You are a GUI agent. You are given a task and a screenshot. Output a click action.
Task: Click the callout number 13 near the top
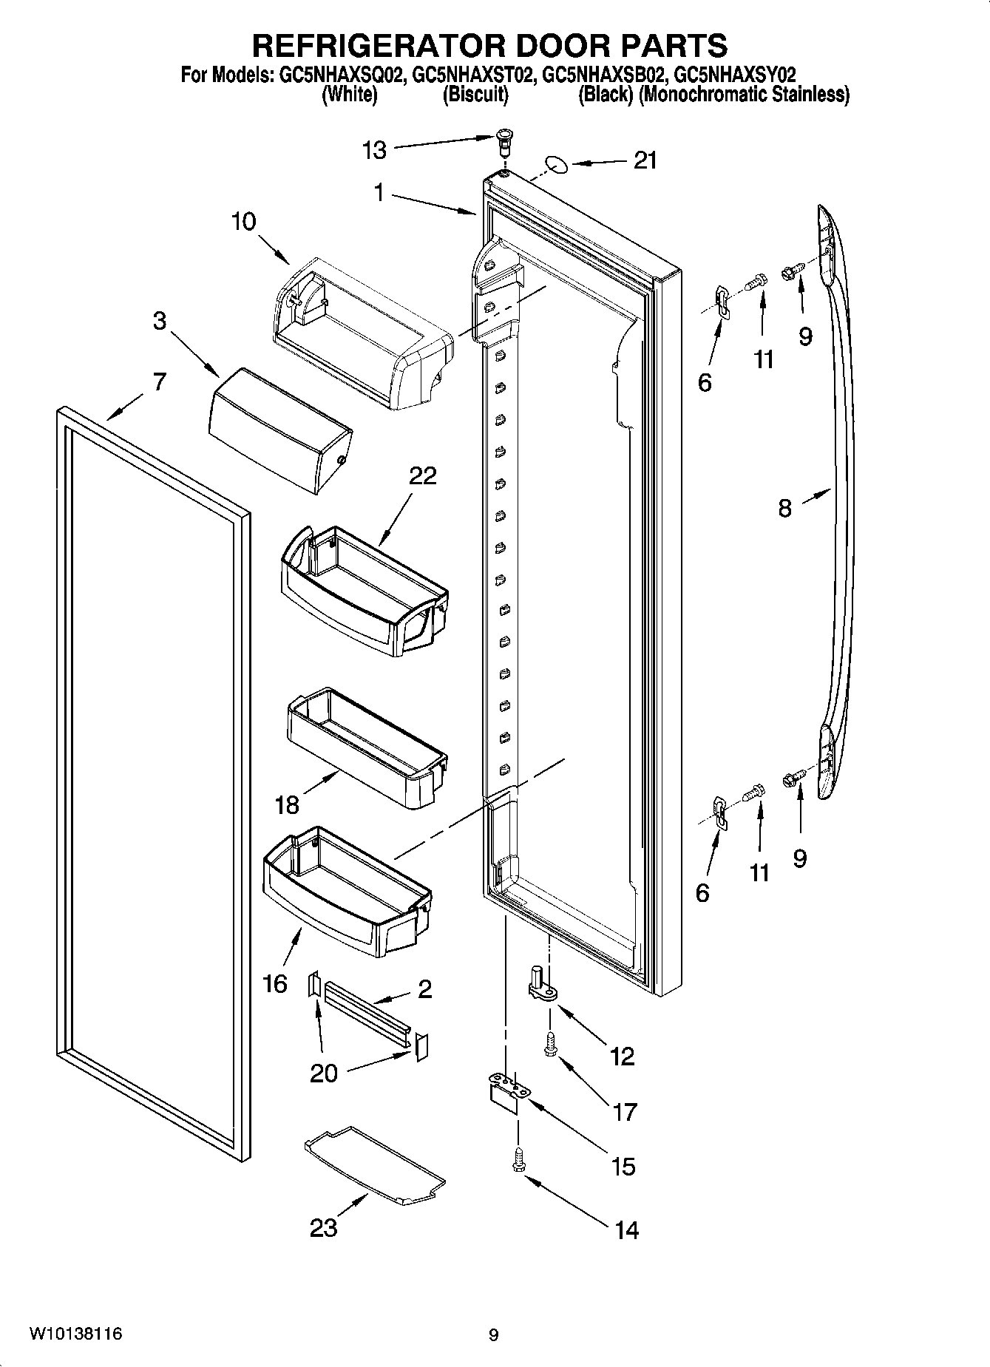pyautogui.click(x=375, y=150)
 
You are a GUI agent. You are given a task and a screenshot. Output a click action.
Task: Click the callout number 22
pyautogui.click(x=423, y=475)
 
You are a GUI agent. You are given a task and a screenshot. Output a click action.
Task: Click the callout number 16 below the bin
pyautogui.click(x=275, y=983)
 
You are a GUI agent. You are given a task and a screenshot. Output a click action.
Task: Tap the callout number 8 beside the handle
pyautogui.click(x=784, y=508)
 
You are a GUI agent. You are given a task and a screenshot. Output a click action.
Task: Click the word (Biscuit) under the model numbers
pyautogui.click(x=475, y=95)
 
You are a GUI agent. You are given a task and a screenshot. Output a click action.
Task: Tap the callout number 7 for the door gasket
pyautogui.click(x=160, y=382)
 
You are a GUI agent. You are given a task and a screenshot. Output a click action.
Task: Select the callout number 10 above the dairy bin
pyautogui.click(x=243, y=222)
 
